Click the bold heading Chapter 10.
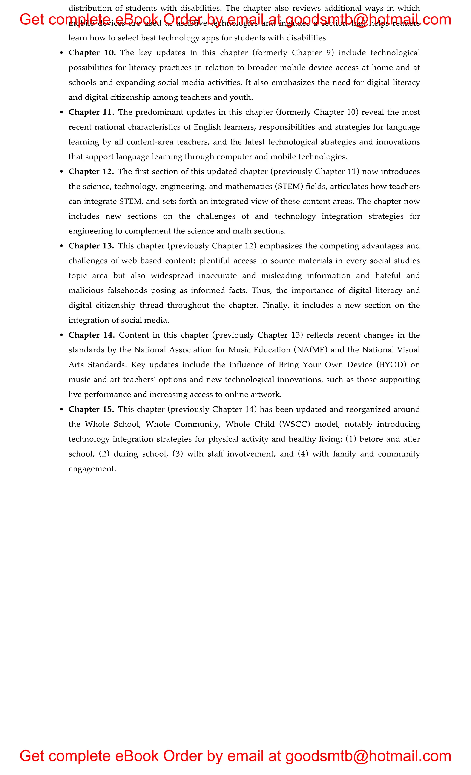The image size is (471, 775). tap(92, 53)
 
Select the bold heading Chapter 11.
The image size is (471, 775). tap(91, 112)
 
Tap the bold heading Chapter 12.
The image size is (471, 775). tap(91, 172)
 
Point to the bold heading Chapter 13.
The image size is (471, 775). tap(91, 246)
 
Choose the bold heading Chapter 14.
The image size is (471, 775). tap(92, 335)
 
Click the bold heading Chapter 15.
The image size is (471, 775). tap(91, 409)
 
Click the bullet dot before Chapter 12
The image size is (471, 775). tap(62, 172)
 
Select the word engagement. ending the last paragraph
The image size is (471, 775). tap(92, 469)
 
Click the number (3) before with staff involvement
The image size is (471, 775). tap(178, 454)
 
